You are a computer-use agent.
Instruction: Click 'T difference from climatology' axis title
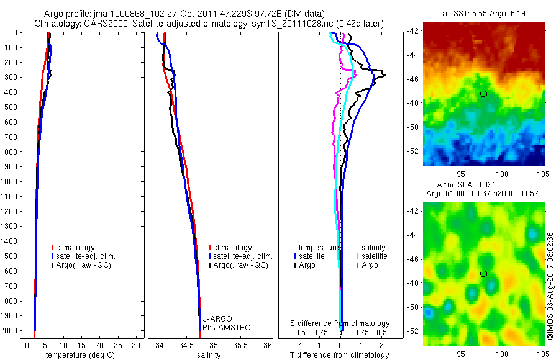[340, 355]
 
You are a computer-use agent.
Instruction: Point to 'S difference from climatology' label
[340, 323]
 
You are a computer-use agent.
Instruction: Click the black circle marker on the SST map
[483, 93]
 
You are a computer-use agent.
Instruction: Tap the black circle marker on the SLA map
[483, 273]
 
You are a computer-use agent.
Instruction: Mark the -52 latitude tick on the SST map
[412, 151]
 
